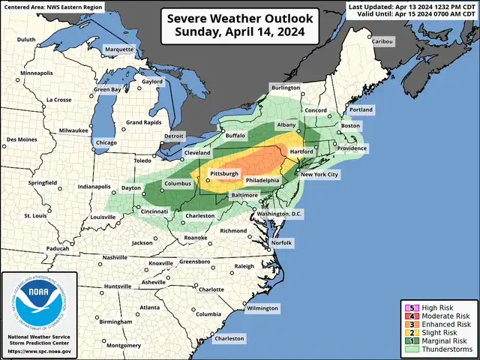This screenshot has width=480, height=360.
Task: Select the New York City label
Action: [x=319, y=174]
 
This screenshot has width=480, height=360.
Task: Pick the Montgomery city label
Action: [x=102, y=345]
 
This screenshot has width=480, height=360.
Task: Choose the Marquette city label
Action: [x=118, y=49]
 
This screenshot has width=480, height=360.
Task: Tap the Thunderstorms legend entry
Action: [x=447, y=349]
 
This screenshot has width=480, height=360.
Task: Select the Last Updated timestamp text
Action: [x=414, y=6]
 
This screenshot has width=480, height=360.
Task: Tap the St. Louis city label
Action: [x=35, y=216]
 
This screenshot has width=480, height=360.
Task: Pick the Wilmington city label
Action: [x=262, y=308]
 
